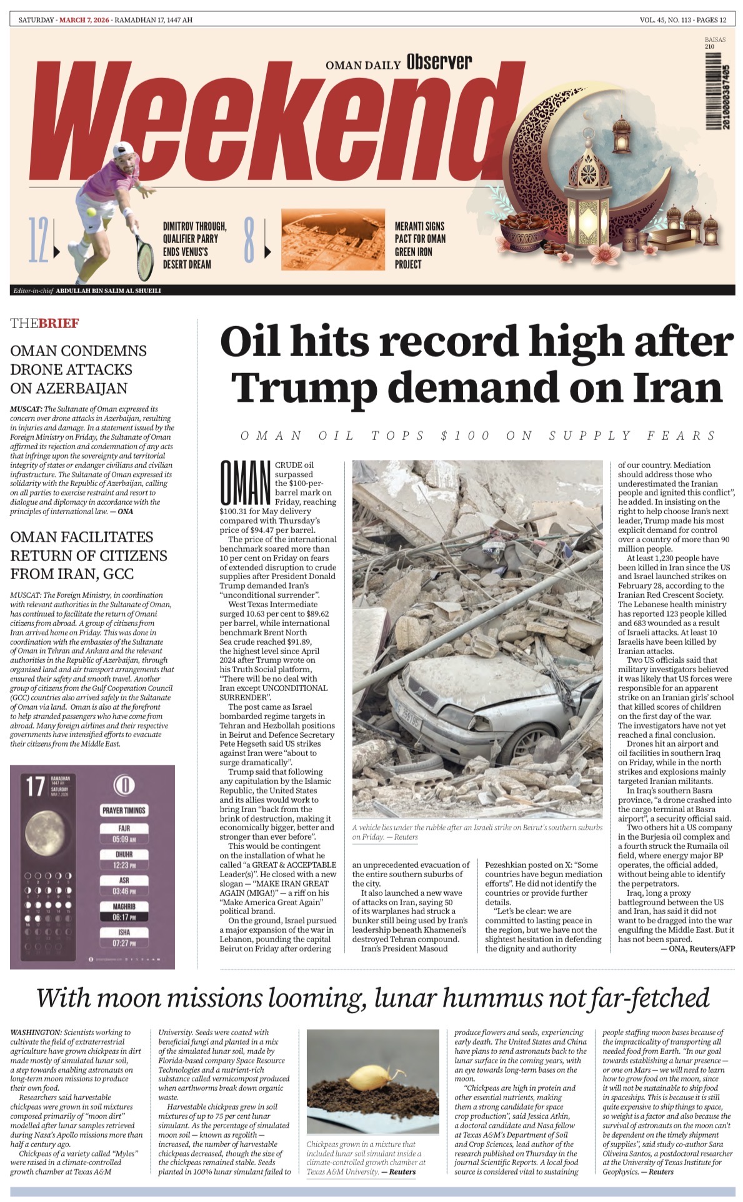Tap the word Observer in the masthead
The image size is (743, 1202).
[439, 62]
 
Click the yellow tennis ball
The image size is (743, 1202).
[92, 212]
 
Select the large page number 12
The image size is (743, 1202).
[37, 240]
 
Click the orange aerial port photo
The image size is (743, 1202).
[332, 239]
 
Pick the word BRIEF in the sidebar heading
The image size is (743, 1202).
[59, 323]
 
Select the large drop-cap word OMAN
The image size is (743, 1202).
[244, 483]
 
